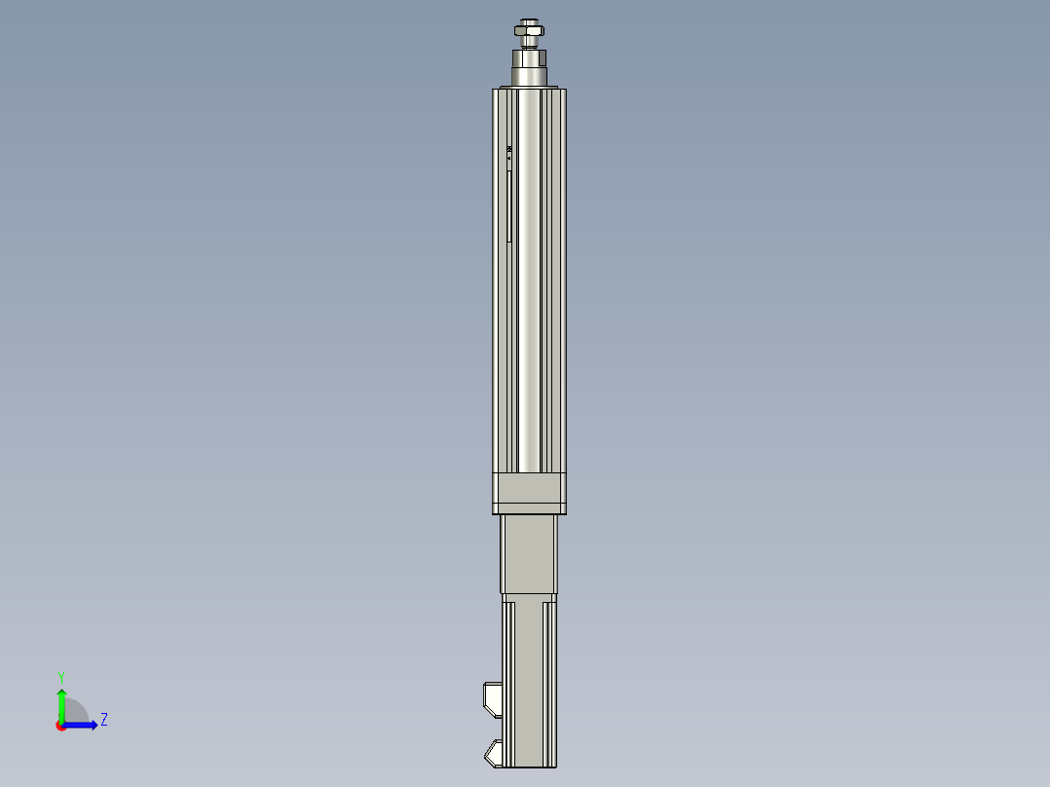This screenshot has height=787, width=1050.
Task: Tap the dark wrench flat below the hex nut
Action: [x=529, y=56]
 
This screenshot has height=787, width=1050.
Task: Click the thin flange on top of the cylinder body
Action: [x=529, y=90]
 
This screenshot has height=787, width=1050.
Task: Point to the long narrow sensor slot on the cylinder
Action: [x=508, y=206]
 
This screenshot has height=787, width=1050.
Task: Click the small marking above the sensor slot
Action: [x=508, y=150]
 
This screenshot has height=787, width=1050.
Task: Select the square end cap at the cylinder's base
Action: [x=529, y=493]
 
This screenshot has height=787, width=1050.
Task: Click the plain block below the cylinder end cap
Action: [x=529, y=554]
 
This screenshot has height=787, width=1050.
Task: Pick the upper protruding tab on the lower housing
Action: [x=492, y=695]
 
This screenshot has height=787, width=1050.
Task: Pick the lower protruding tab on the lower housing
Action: [x=493, y=752]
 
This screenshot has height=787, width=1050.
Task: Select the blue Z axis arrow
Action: [x=82, y=725]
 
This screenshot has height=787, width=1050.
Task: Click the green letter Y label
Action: [x=60, y=676]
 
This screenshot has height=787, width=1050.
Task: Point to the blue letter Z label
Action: [x=104, y=720]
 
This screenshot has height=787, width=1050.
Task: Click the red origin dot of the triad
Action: [x=61, y=726]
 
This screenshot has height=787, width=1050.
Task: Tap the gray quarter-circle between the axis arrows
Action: [x=76, y=712]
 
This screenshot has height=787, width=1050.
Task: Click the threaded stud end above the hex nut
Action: [x=529, y=21]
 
